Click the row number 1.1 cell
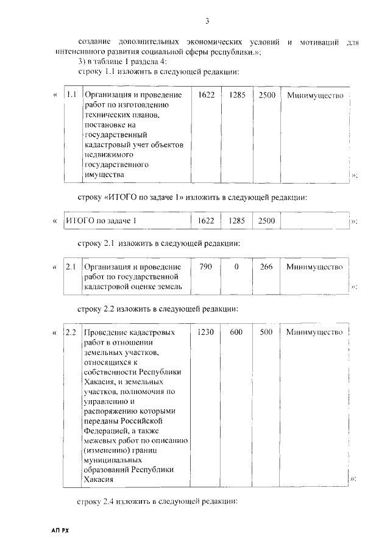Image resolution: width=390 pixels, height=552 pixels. (x=72, y=96)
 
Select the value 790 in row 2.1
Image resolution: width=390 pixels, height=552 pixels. (x=206, y=267)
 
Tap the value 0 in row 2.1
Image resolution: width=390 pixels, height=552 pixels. (x=236, y=267)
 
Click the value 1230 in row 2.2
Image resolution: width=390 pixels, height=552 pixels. (x=207, y=332)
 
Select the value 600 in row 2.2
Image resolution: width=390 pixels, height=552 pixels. (x=236, y=332)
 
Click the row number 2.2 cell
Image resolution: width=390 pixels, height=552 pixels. (x=71, y=332)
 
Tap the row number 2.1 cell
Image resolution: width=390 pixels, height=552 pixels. (x=71, y=267)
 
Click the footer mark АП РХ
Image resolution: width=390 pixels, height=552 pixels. (x=61, y=532)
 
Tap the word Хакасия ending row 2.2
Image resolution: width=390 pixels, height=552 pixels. (x=99, y=479)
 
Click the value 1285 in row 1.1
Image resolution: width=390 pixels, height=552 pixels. (x=236, y=96)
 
